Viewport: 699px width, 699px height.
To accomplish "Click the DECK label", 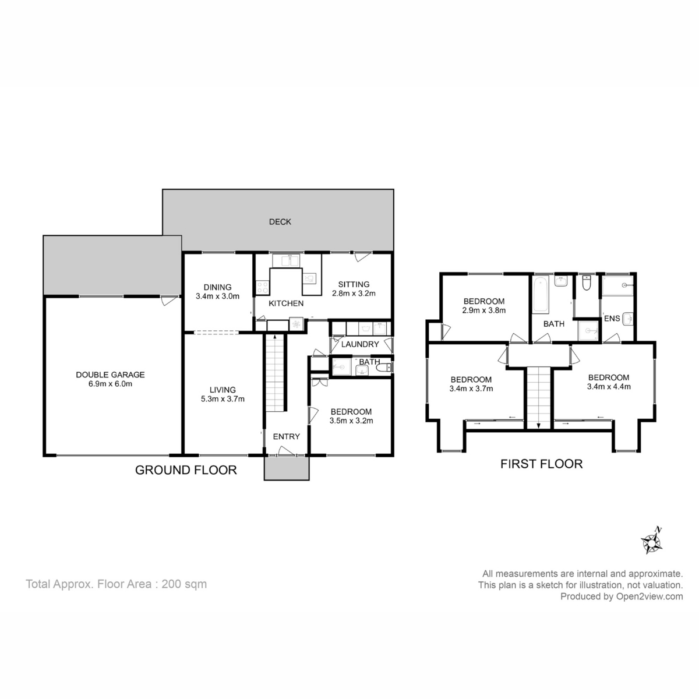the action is (x=280, y=221).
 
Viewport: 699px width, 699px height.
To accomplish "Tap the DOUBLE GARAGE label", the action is (x=110, y=375).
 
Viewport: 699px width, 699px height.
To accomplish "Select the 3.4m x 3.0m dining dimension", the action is (x=217, y=296).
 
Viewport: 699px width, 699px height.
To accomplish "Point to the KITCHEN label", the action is (x=286, y=303).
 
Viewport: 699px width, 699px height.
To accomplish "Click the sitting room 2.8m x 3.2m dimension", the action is (x=354, y=293).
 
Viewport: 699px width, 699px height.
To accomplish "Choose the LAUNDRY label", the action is (x=360, y=344).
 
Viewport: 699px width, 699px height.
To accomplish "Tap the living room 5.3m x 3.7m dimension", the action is (x=223, y=399).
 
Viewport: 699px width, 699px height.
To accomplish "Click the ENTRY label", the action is (x=286, y=436).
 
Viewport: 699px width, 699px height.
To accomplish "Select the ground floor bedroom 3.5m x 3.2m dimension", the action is (x=351, y=421).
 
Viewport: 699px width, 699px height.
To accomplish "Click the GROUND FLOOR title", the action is (x=186, y=470).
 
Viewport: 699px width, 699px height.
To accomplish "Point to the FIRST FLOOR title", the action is (x=541, y=464).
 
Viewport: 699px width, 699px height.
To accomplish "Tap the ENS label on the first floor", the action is (x=612, y=319).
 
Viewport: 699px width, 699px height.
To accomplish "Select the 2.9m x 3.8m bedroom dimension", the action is (x=484, y=310).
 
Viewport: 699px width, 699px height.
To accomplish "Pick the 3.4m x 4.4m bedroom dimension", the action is (x=609, y=387).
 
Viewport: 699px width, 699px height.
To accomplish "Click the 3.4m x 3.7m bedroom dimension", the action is (x=471, y=389).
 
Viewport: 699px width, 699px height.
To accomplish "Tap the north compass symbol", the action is (x=652, y=543).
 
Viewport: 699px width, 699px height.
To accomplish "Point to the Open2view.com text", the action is (x=649, y=596).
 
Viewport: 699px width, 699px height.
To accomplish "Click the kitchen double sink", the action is (x=286, y=261).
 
